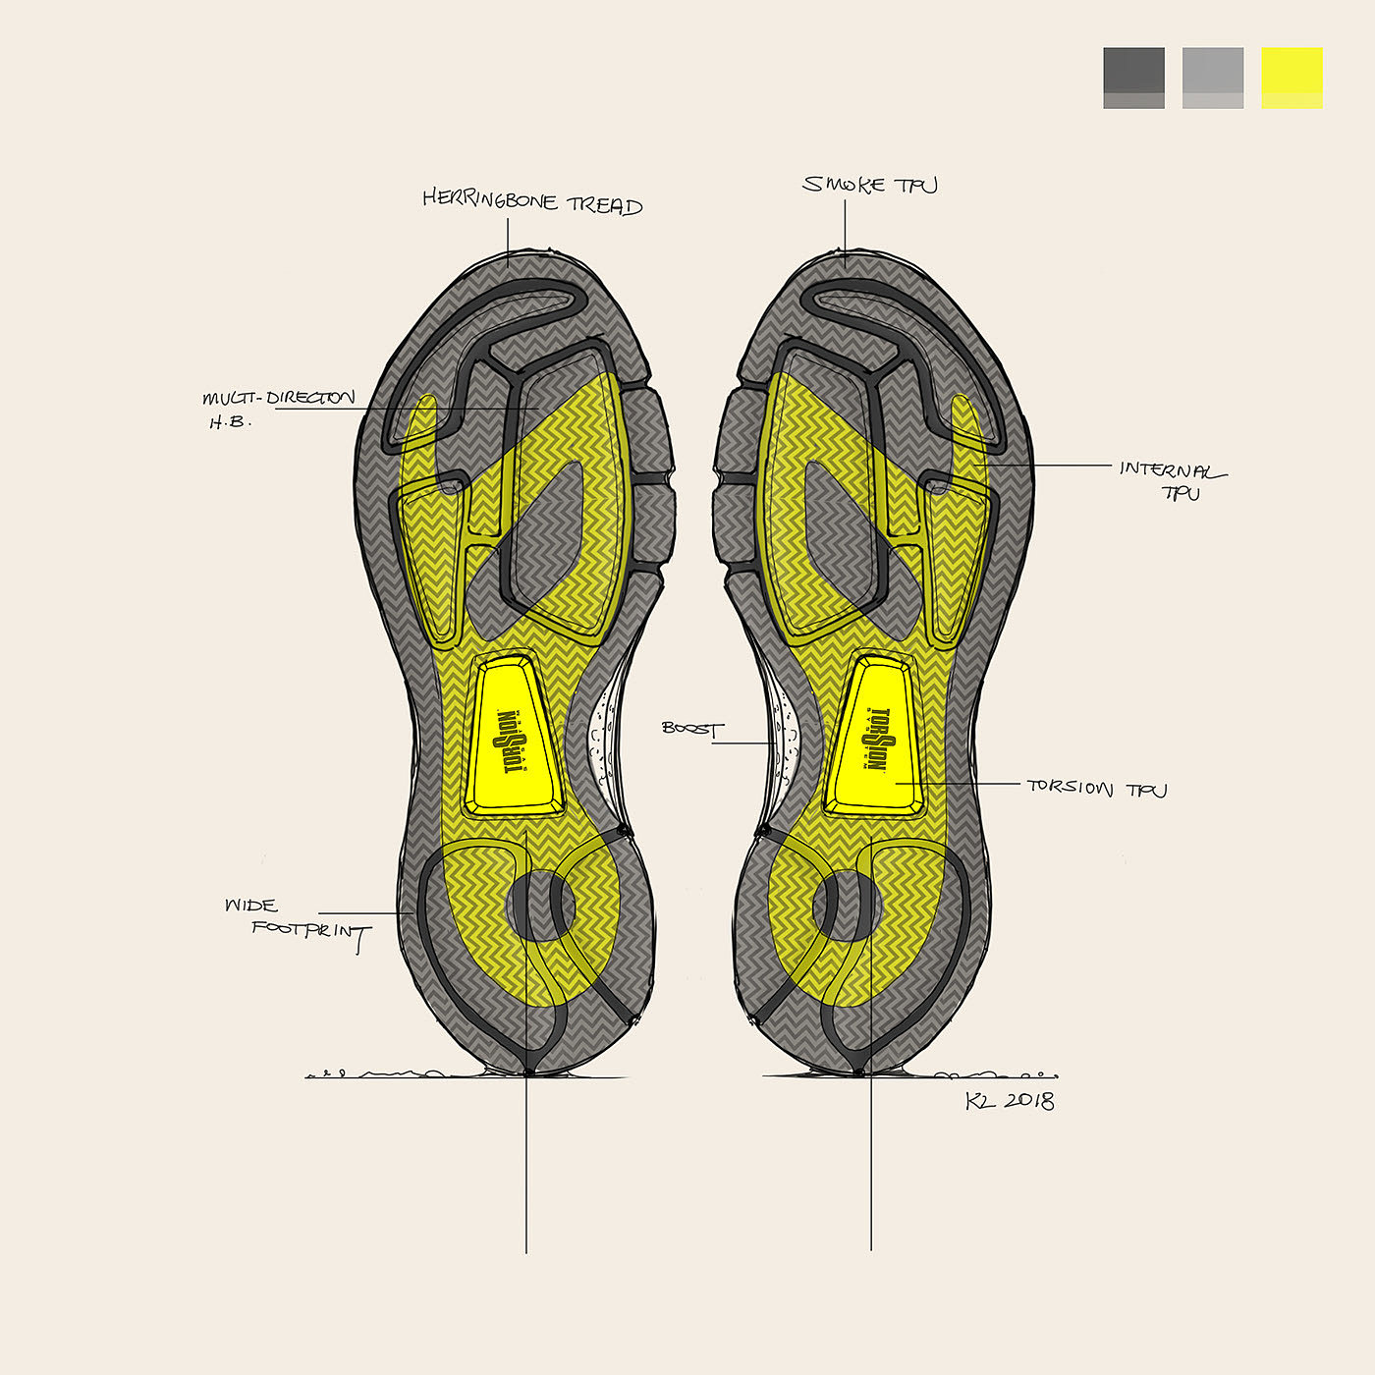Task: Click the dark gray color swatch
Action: pos(1133,78)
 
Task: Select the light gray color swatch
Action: pos(1213,78)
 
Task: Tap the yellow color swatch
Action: pos(1292,78)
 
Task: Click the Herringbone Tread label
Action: pos(532,201)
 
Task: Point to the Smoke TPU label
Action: pos(870,185)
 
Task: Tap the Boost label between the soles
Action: pos(692,729)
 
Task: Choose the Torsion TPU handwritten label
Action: pos(1096,788)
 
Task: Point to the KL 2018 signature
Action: pos(1010,1101)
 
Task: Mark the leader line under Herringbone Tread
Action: pos(508,241)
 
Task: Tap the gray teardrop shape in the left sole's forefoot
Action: pos(545,540)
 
